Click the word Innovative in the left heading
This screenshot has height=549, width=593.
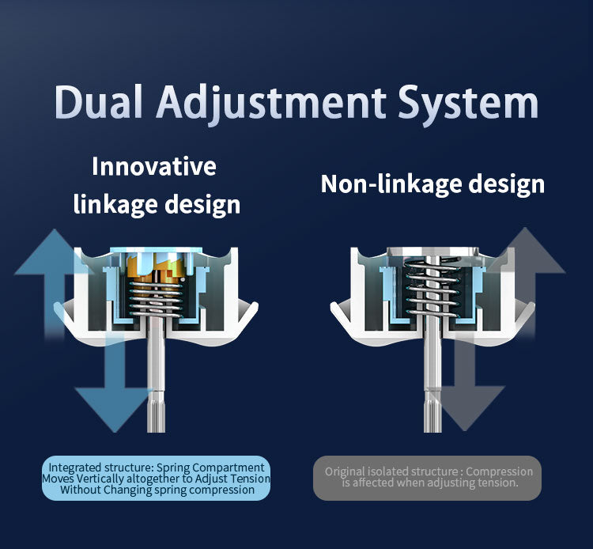tap(154, 167)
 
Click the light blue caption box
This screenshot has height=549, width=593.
tap(156, 478)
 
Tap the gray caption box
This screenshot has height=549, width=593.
tap(428, 478)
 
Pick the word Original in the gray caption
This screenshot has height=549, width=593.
tap(346, 471)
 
